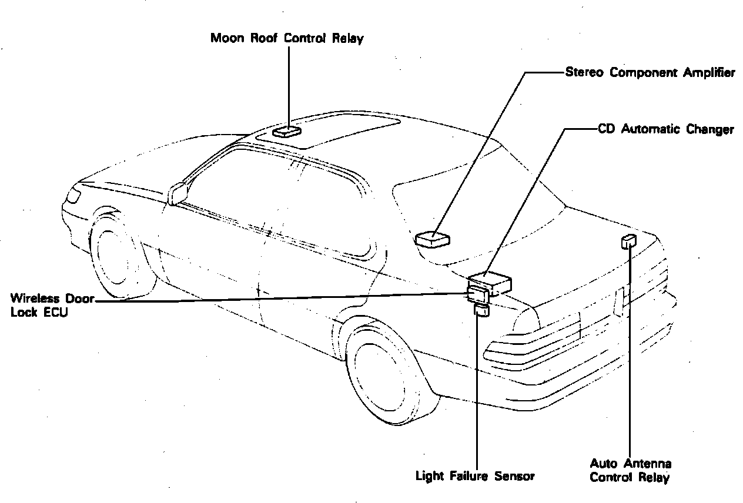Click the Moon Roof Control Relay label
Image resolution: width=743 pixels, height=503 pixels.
(x=287, y=39)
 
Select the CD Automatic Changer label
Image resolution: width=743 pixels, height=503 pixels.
(x=665, y=129)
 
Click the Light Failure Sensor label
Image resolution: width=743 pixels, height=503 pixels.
(x=475, y=475)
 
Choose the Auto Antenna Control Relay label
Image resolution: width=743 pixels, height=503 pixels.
(x=631, y=471)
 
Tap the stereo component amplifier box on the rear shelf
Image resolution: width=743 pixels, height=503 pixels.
(x=432, y=239)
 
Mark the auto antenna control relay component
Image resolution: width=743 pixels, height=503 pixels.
(x=628, y=240)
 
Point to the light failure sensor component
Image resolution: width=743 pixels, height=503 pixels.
(x=481, y=311)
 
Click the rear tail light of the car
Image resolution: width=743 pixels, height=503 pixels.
(x=529, y=347)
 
